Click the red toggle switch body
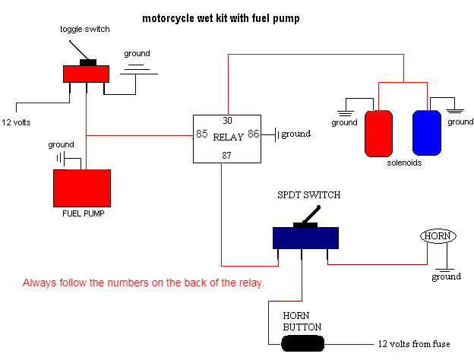coord(86,73)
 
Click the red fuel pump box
coord(82,188)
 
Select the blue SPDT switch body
coord(305,238)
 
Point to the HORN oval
coord(438,236)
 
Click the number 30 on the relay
coord(227,121)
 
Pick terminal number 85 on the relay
coord(203,134)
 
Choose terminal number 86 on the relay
coord(254,134)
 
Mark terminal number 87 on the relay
coord(227,155)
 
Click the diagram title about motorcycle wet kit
coord(221,17)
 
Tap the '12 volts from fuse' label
coord(414,344)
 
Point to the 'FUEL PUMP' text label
coord(82,214)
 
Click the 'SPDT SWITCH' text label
coord(308,195)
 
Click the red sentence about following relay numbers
coord(144,283)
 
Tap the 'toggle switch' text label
coord(85,30)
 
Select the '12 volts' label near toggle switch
coord(16,122)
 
